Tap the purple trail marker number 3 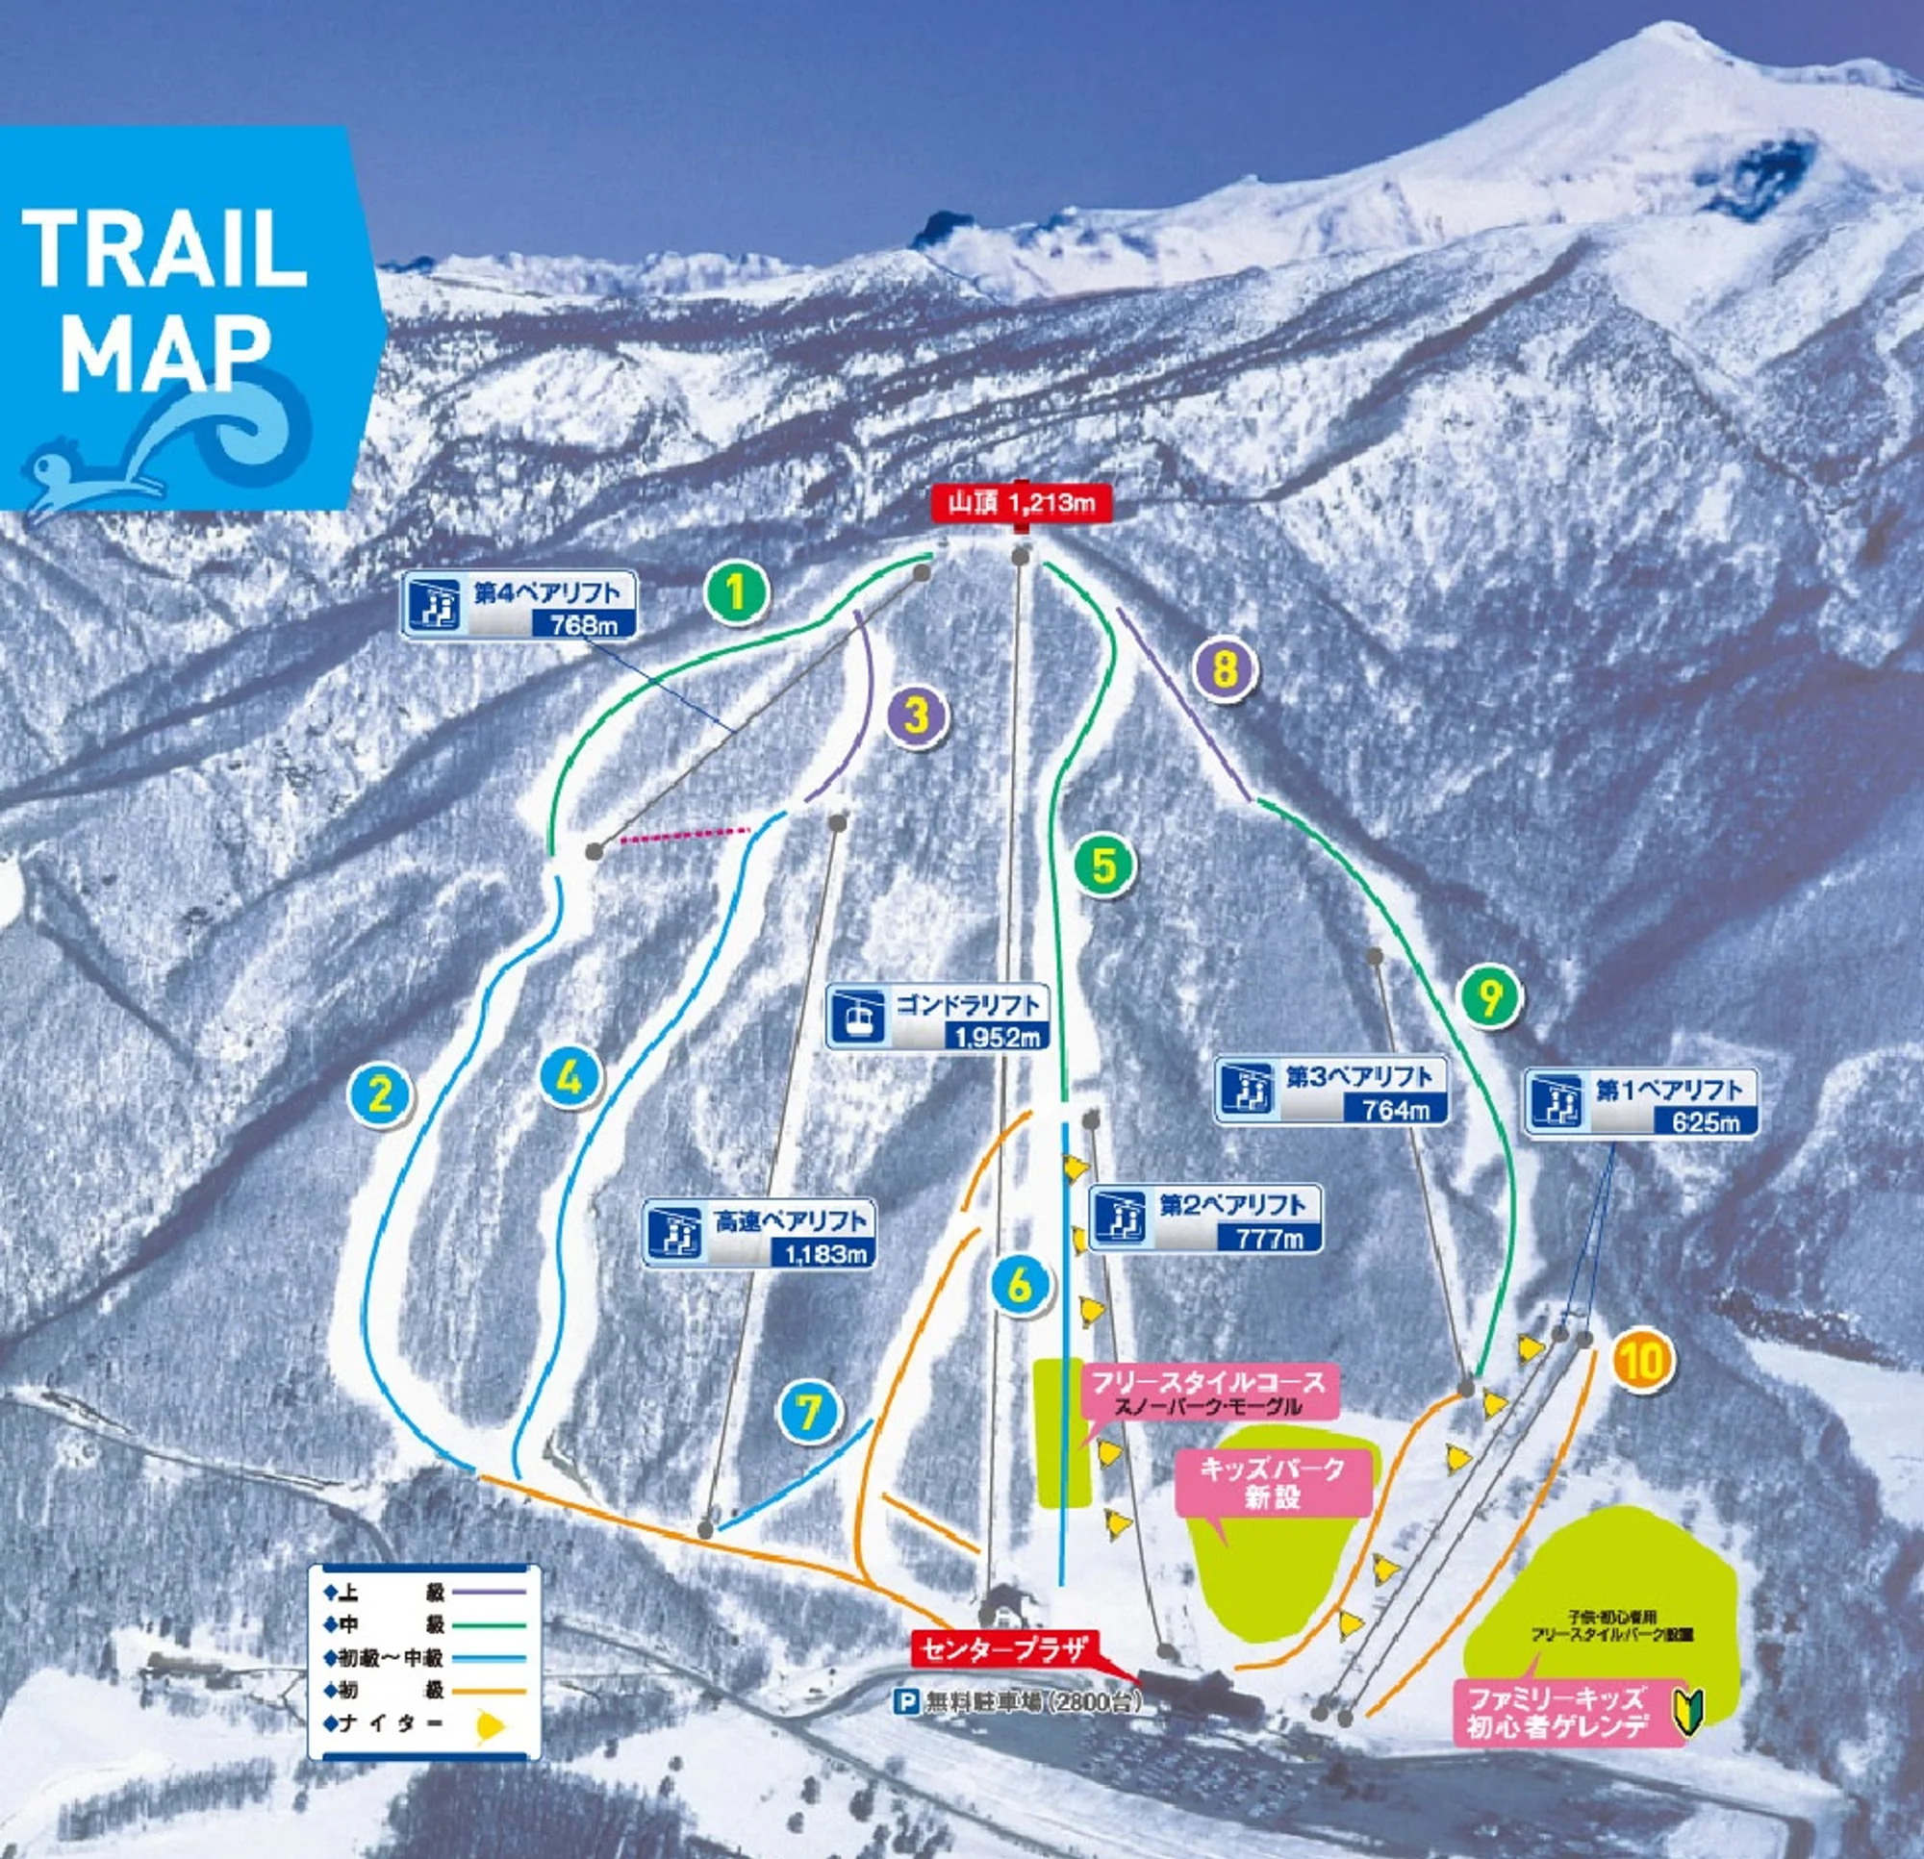coord(916,716)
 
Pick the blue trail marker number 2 coord(379,1093)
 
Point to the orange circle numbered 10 coord(1642,1361)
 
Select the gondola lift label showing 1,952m coord(937,1017)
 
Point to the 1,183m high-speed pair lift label coord(759,1234)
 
